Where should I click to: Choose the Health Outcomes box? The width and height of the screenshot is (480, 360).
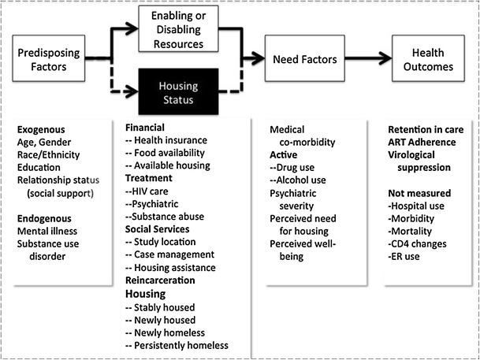pos(433,59)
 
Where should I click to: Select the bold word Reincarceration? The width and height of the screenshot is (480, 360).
pos(167,280)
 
